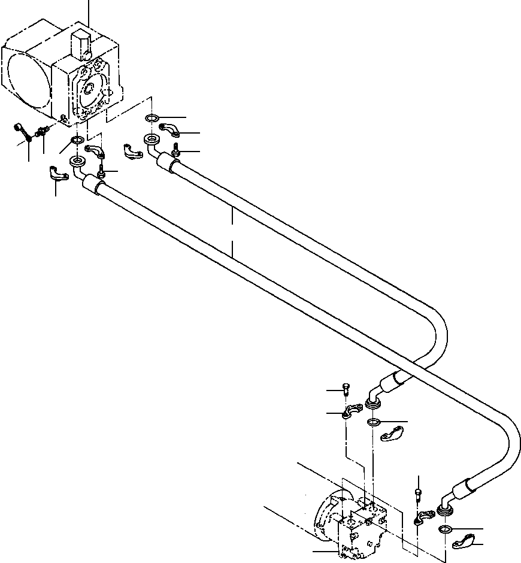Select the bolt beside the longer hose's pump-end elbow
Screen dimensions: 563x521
point(102,172)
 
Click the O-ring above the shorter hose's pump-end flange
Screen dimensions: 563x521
point(152,117)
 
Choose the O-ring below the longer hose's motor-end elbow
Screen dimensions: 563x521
point(445,529)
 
